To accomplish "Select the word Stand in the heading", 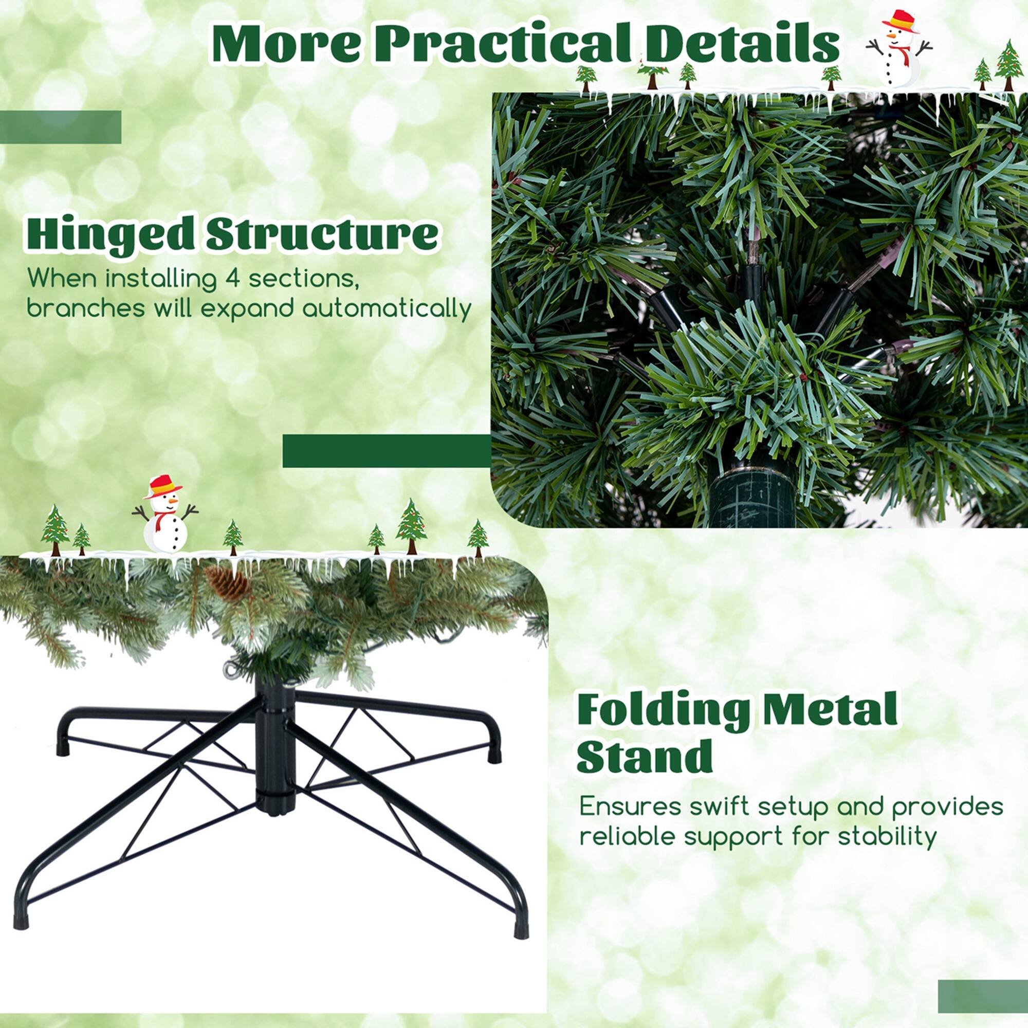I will (x=645, y=756).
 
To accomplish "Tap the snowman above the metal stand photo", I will (x=166, y=515).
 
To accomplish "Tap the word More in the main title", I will (x=286, y=44).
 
